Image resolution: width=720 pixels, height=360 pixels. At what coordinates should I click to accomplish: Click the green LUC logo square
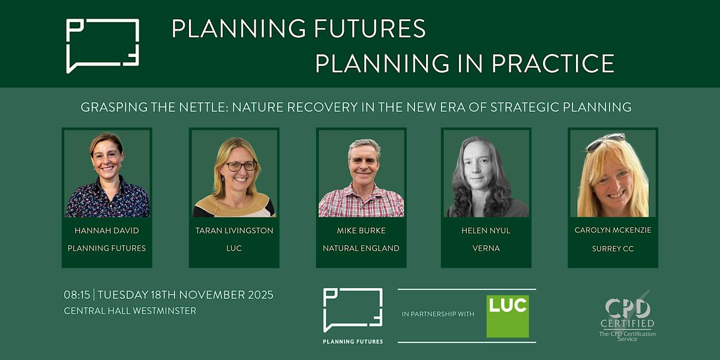508,316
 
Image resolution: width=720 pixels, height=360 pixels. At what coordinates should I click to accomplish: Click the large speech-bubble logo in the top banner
103,46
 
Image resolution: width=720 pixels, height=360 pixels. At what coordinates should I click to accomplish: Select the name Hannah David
107,230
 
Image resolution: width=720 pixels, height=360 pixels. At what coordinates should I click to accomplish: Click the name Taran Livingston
234,230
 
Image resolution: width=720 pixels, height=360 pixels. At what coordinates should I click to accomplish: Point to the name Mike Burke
361,230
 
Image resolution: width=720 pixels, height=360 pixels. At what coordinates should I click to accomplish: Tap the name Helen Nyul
486,230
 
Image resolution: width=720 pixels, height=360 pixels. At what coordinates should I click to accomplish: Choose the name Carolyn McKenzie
613,230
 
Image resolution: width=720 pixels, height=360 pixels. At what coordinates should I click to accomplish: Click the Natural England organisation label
361,248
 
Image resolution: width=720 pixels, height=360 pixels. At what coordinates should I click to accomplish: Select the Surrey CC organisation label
613,248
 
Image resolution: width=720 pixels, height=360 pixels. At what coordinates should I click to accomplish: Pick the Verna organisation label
486,248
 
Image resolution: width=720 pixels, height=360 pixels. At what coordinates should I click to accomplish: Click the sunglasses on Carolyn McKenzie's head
605,142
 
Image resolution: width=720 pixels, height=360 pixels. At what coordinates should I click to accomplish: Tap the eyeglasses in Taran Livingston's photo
241,166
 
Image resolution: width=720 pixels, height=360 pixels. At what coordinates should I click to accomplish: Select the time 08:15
77,295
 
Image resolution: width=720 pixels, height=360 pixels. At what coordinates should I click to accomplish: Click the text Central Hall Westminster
130,311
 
